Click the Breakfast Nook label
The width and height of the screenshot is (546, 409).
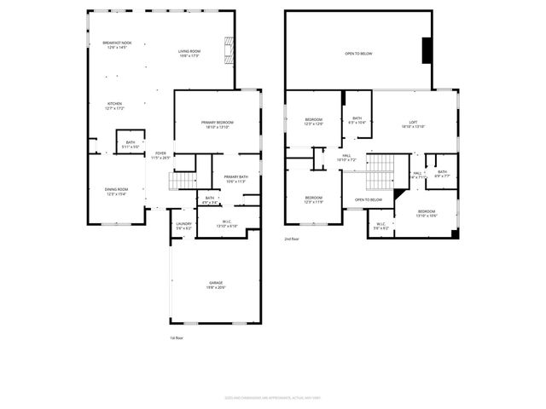point(117,45)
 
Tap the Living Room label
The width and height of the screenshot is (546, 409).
point(189,54)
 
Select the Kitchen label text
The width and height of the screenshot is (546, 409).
point(114,106)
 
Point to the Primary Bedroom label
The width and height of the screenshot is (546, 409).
point(218,124)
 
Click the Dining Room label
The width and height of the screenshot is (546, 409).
point(116,192)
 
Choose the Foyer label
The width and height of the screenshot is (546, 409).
point(160,155)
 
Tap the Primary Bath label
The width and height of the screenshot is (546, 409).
point(235,179)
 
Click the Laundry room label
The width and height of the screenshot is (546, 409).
point(184,226)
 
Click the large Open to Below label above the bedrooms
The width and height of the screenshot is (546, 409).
point(358,54)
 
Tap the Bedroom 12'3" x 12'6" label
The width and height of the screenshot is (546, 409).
point(313,122)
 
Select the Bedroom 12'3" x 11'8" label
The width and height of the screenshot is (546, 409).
point(313,199)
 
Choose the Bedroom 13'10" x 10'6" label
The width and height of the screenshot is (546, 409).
point(426,213)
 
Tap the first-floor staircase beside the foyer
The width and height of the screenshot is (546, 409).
point(182,181)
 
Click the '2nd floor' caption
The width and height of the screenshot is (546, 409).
point(293,239)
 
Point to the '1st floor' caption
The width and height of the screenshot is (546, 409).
point(176,338)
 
